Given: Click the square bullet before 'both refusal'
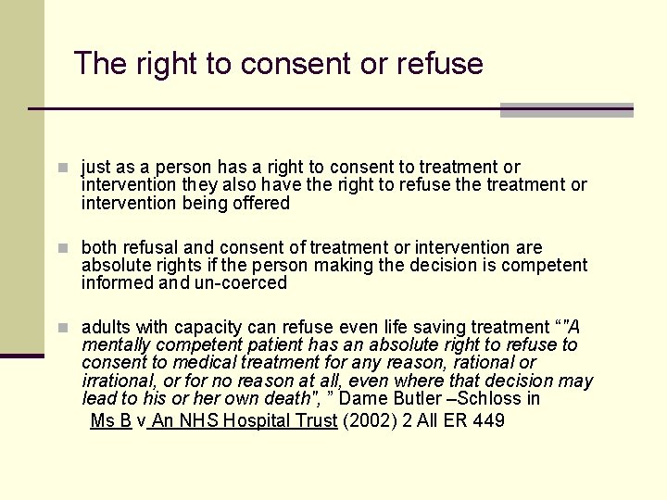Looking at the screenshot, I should click(x=62, y=248).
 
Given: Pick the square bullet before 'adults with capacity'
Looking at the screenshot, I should click(x=62, y=328).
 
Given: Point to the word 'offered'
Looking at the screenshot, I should click(x=259, y=203).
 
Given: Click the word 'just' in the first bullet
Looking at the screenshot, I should click(x=96, y=168).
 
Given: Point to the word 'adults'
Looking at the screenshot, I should click(x=107, y=327).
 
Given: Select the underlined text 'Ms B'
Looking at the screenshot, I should click(x=111, y=421).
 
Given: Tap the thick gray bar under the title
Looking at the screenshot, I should click(x=566, y=110).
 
